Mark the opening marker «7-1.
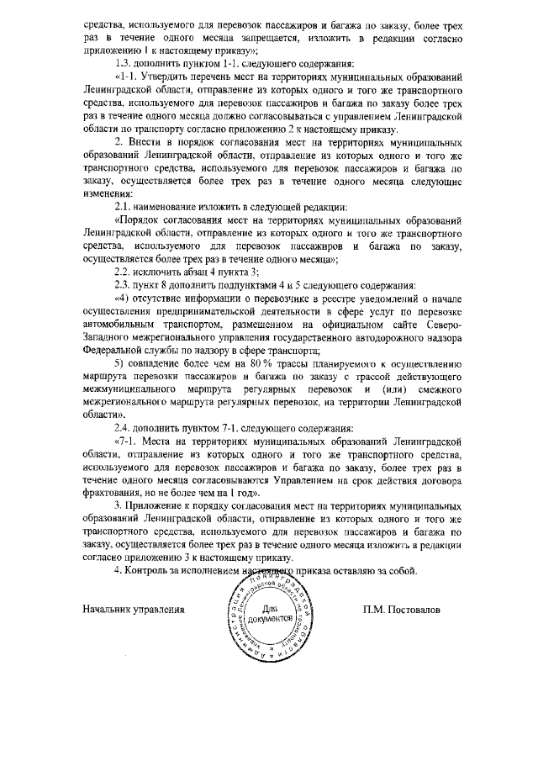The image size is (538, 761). (x=127, y=440)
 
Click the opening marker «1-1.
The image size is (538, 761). (x=127, y=78)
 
